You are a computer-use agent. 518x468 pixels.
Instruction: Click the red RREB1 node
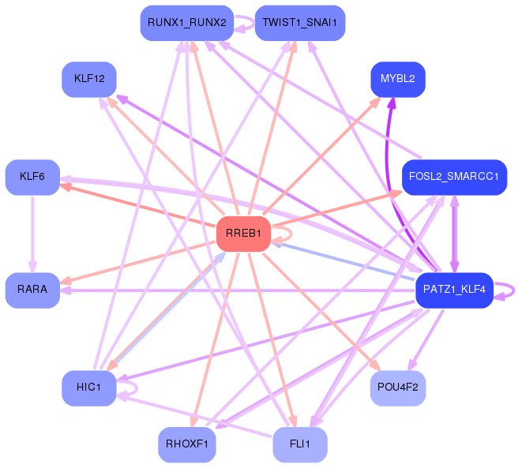pos(243,234)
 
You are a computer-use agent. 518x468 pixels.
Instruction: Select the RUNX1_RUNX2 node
pos(186,23)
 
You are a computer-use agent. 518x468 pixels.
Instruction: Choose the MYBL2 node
pos(398,79)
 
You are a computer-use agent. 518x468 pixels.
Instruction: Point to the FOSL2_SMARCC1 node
pos(453,177)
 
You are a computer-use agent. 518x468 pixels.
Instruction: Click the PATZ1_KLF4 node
pos(454,290)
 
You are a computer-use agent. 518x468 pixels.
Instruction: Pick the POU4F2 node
pos(398,388)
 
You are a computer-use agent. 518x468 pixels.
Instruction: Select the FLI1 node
pos(300,445)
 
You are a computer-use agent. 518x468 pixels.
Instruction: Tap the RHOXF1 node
pos(186,445)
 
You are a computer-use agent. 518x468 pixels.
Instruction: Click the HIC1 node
pos(88,388)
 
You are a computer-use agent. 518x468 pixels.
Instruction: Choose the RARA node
pos(32,290)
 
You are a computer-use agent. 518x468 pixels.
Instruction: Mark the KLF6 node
pos(32,177)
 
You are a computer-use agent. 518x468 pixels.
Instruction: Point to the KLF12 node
pos(88,79)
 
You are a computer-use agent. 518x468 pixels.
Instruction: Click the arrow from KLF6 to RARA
pos(32,233)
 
